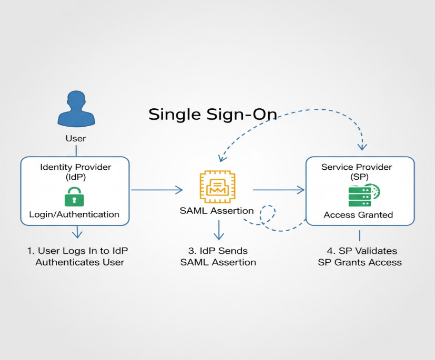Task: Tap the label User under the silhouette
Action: [76, 139]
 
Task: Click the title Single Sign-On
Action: [213, 114]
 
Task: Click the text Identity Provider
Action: [76, 167]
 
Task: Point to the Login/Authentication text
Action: [74, 214]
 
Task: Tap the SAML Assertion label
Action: [217, 211]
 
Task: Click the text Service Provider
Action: [357, 167]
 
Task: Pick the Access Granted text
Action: [358, 215]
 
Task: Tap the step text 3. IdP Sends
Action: [218, 251]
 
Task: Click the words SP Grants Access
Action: [360, 262]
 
